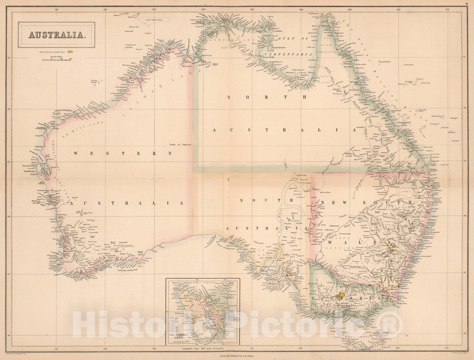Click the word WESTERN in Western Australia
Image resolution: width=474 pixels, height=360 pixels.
click(x=123, y=153)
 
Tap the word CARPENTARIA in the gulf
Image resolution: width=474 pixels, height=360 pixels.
click(x=288, y=55)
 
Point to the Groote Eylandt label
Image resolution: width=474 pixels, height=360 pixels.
click(x=278, y=47)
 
